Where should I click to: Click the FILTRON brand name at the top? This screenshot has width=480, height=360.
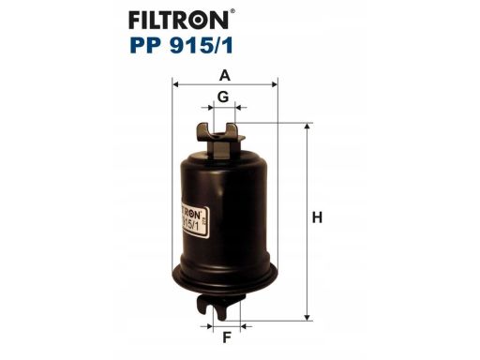click(221, 20)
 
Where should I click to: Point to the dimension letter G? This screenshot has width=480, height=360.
click(224, 97)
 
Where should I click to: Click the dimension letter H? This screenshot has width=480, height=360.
click(317, 217)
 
